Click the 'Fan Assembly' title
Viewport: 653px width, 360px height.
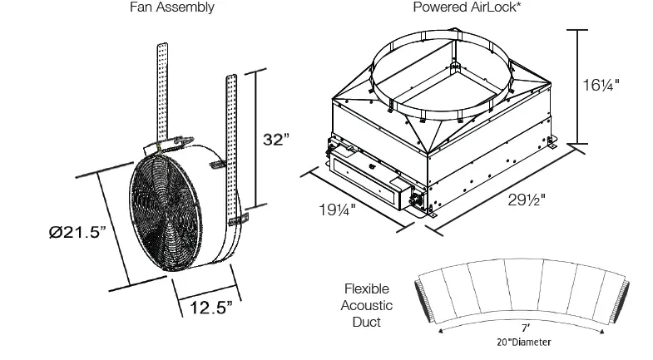coord(171,7)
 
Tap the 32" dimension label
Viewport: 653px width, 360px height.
coord(275,140)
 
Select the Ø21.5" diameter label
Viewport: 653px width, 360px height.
coord(77,233)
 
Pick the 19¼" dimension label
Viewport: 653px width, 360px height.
coord(336,209)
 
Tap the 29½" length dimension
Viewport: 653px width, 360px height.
coord(530,200)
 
